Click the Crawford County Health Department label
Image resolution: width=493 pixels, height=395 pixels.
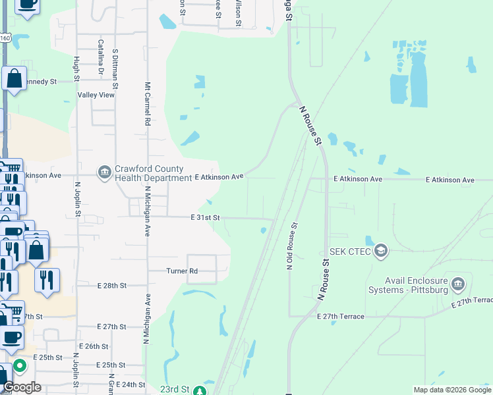click(x=153, y=173)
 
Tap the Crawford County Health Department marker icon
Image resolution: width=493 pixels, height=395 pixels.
click(x=104, y=173)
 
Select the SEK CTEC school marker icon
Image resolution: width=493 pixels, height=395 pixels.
click(x=380, y=251)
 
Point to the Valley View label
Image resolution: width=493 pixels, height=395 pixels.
click(x=96, y=95)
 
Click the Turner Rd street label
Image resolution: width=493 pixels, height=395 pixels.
click(x=182, y=271)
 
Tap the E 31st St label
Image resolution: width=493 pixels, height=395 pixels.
click(x=205, y=217)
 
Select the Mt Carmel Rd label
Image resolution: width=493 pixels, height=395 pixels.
click(x=148, y=104)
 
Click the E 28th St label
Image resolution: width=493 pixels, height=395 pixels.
click(x=111, y=286)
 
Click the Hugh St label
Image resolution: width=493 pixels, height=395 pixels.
click(x=77, y=68)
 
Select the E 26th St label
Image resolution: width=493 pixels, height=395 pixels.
click(x=93, y=346)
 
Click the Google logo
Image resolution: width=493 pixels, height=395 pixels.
click(x=22, y=387)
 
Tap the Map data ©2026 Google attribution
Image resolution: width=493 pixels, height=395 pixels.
click(x=451, y=390)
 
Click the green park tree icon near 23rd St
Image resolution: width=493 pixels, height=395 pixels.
click(x=200, y=390)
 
